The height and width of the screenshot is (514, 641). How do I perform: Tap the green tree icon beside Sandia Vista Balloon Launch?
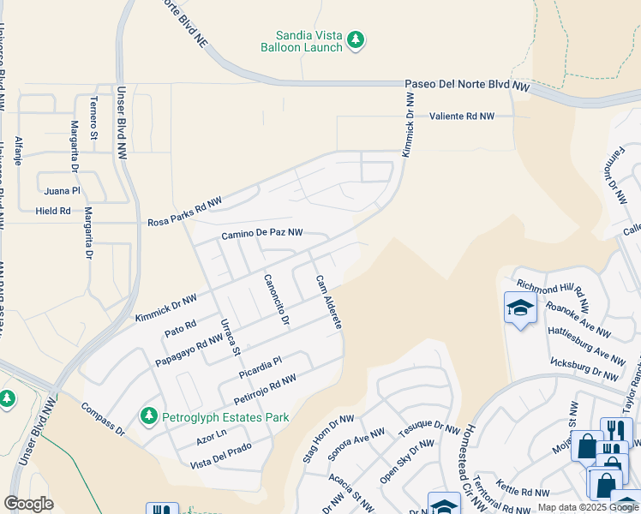pos(356,39)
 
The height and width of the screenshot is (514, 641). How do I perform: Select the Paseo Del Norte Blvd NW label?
pos(467,86)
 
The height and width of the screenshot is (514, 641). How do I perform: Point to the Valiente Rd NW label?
pos(462,116)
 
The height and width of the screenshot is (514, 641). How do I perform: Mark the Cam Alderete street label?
pos(328,302)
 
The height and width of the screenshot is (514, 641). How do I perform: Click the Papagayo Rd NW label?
pos(189,351)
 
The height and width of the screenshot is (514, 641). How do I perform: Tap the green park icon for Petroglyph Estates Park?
pos(149,416)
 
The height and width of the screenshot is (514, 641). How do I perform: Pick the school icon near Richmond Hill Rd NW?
pos(520,308)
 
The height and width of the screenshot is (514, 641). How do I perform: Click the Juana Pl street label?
pos(62,191)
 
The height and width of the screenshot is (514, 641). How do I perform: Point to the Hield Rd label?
pos(52,211)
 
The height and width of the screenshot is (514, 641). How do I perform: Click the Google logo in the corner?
pos(29,503)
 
